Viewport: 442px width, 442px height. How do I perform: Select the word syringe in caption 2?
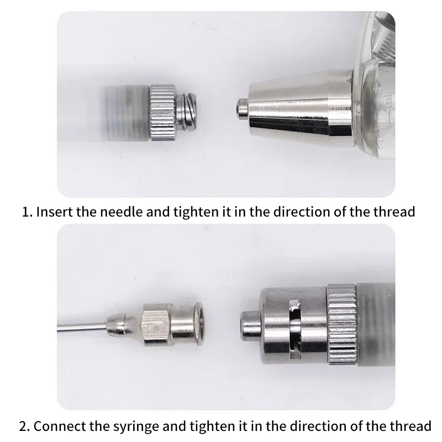(x=136, y=426)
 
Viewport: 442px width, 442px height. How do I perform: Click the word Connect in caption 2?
(x=60, y=426)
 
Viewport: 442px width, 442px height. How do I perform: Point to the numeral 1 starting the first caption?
(x=25, y=212)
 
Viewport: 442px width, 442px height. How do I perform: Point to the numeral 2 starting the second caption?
(x=23, y=427)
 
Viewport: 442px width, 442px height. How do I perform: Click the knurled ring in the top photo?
(x=163, y=113)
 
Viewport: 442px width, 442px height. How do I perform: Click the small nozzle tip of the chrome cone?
(x=243, y=108)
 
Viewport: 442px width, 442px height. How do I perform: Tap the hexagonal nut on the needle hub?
(x=156, y=324)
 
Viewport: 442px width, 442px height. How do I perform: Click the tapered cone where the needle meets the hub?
(x=123, y=325)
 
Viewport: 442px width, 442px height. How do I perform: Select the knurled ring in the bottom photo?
(x=342, y=324)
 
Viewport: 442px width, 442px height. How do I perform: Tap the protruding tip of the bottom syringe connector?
(x=250, y=325)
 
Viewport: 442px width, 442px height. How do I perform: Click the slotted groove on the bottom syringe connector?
(x=296, y=329)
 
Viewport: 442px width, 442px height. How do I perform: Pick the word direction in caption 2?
(x=314, y=426)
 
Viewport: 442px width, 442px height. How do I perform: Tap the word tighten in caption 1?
(x=196, y=212)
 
